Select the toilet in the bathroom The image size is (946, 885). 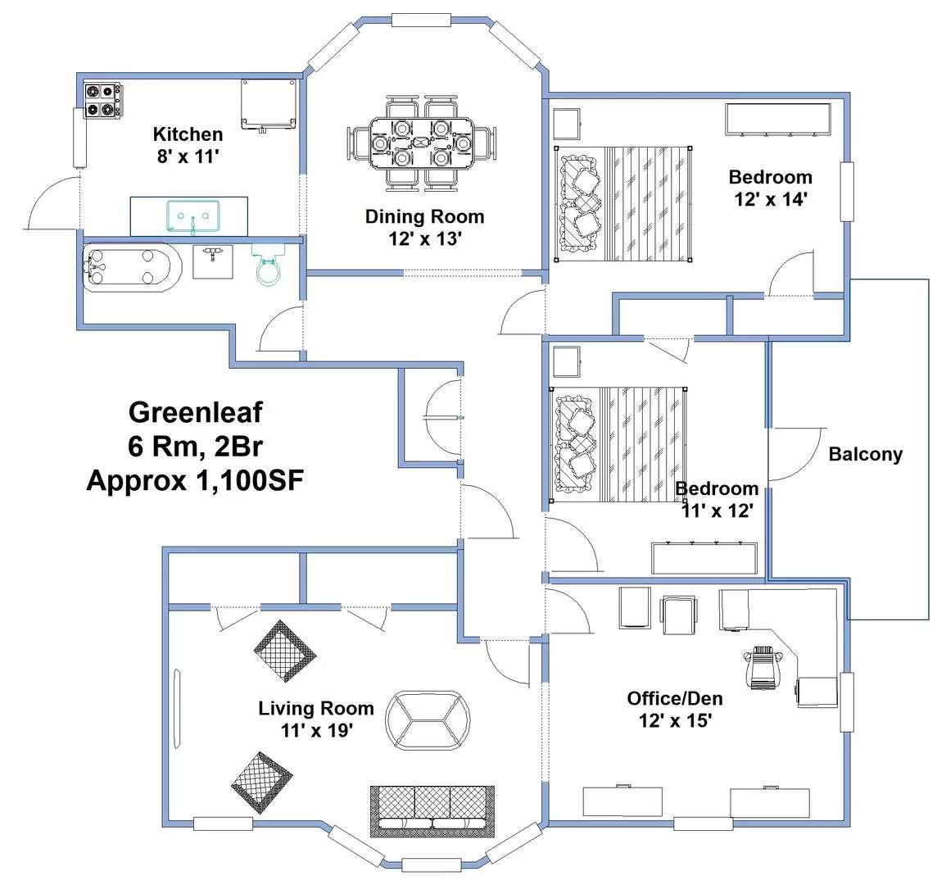(x=268, y=265)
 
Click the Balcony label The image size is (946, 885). (x=865, y=454)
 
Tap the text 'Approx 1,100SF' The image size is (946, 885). (x=195, y=480)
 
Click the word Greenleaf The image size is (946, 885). (x=195, y=411)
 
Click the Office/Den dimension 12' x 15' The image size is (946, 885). (x=675, y=720)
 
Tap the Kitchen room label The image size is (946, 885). (x=188, y=134)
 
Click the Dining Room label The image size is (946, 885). (x=424, y=217)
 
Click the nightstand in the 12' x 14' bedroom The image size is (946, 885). (x=567, y=123)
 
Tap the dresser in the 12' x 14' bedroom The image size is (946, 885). (x=777, y=120)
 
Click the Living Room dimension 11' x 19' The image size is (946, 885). (x=316, y=730)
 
